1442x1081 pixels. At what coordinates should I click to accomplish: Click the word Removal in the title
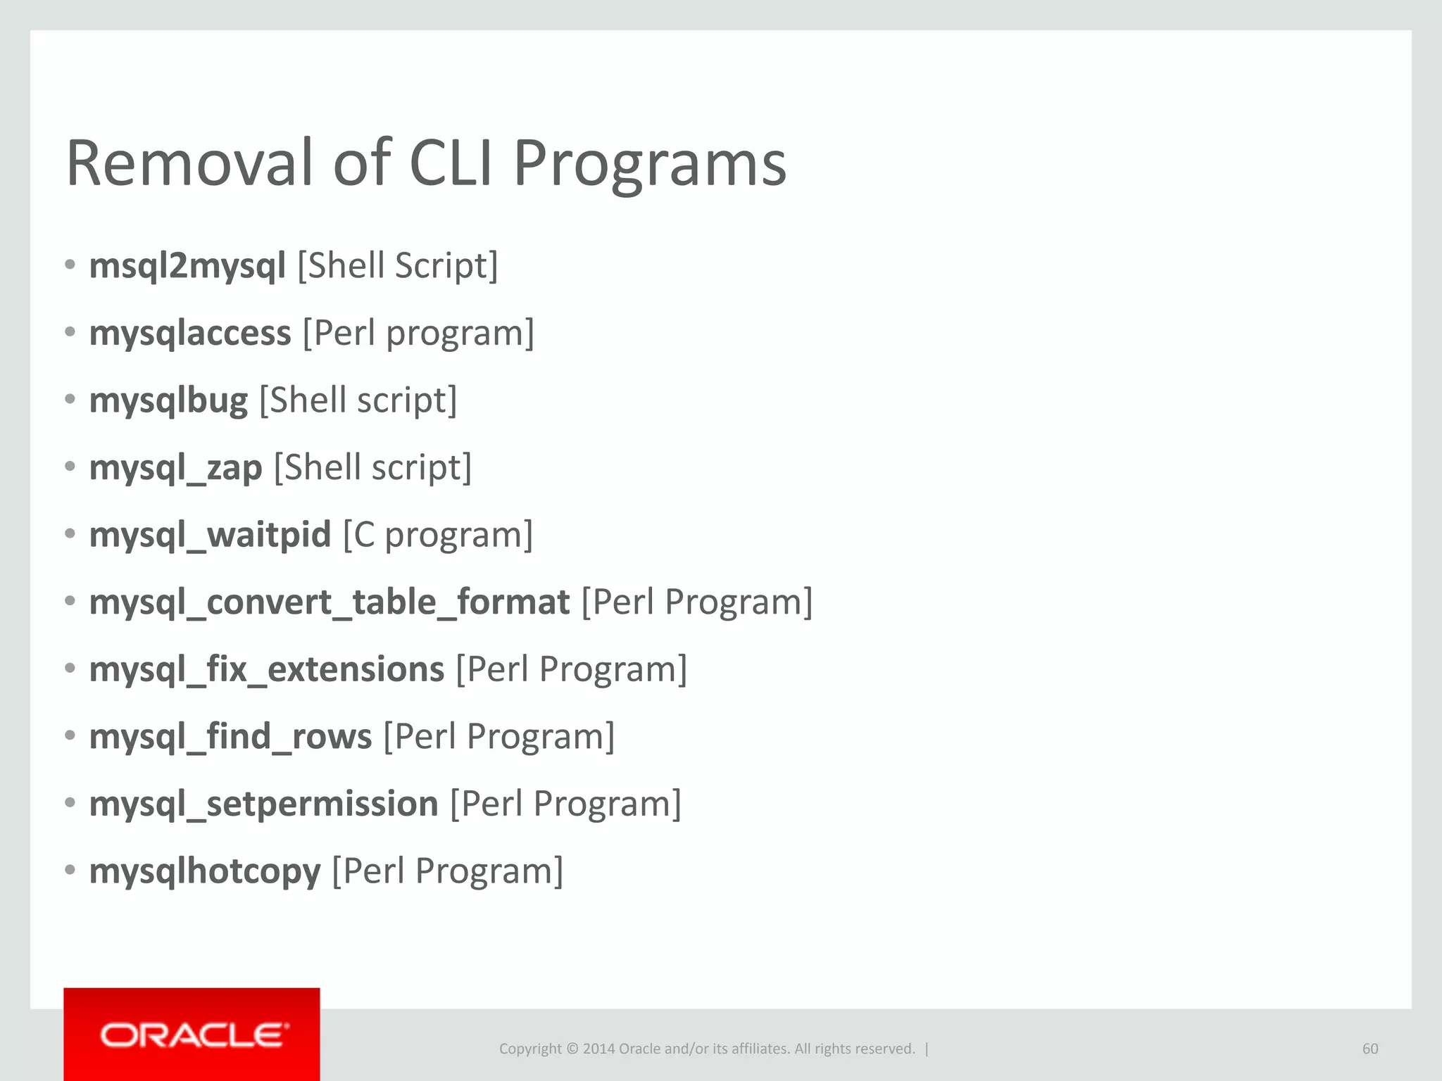point(189,163)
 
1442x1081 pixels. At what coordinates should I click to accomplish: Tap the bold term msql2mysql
point(187,266)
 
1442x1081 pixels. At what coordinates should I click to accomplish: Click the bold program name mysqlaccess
point(190,334)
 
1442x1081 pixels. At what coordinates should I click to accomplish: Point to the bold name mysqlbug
point(168,401)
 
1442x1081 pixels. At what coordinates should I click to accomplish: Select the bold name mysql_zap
point(175,468)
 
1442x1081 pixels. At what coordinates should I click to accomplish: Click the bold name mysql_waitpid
point(210,535)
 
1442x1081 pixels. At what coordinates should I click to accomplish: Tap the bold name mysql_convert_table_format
point(329,602)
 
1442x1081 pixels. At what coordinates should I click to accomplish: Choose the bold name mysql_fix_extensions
point(266,669)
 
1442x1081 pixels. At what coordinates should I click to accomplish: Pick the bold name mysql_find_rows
point(230,737)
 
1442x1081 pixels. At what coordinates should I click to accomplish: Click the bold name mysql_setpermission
point(263,804)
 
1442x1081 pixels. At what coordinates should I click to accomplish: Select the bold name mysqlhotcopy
point(205,871)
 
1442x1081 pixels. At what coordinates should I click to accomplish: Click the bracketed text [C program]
point(438,535)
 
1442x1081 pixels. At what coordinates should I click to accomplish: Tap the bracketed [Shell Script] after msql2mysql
point(398,266)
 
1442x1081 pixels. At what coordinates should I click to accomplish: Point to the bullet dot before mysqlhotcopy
point(70,871)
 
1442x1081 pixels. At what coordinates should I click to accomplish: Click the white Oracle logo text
point(194,1036)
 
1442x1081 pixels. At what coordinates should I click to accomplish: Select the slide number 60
point(1369,1049)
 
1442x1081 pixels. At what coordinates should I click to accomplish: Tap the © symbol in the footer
point(572,1049)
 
